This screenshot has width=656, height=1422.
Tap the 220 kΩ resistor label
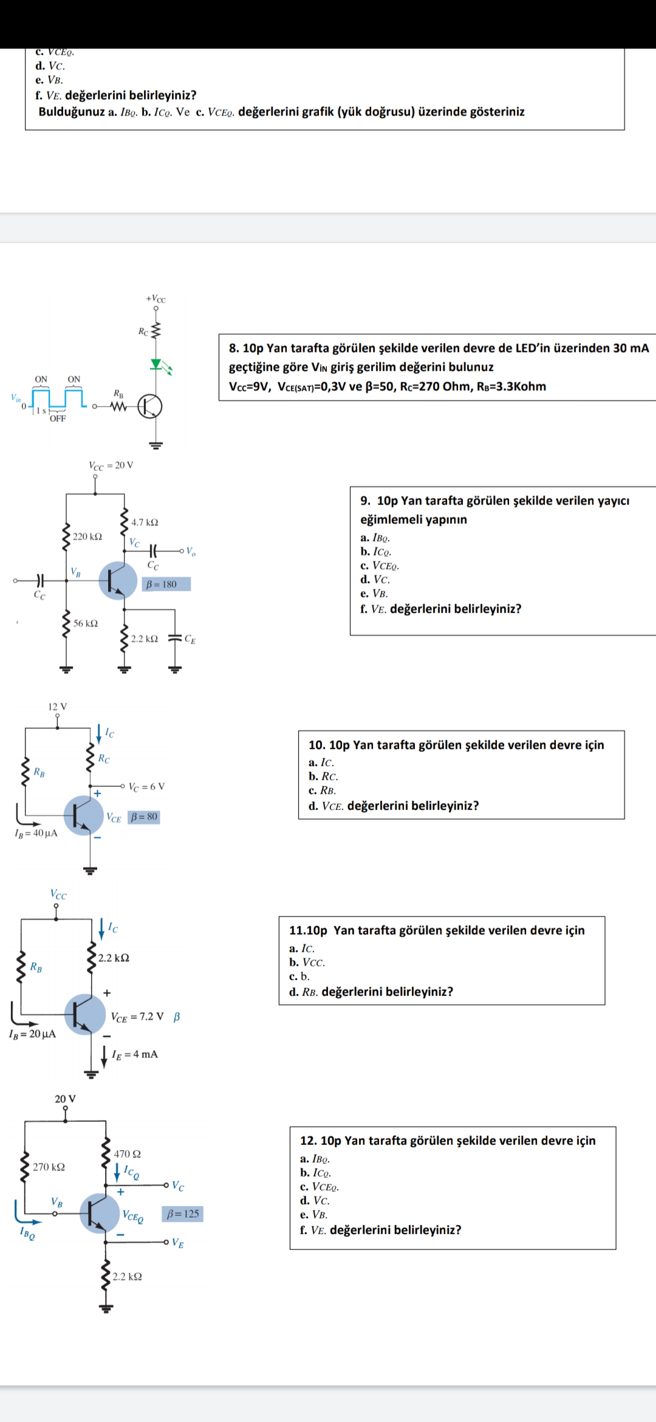(x=87, y=537)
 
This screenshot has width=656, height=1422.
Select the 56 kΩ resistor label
(x=86, y=623)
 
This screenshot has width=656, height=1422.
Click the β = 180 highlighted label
(x=166, y=584)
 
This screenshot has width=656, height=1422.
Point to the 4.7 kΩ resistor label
(x=145, y=523)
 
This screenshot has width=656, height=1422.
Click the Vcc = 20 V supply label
(x=111, y=465)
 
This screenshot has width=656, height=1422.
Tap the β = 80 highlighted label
(x=144, y=817)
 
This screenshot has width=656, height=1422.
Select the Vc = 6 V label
(x=146, y=787)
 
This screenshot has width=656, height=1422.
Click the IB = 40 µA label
(x=36, y=833)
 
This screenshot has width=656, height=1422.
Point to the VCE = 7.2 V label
(x=137, y=1017)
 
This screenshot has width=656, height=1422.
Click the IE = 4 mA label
(x=135, y=1054)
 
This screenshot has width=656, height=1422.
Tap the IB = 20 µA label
(x=32, y=1034)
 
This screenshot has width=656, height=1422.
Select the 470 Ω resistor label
(x=128, y=1154)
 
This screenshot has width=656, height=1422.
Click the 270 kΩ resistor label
(x=49, y=1167)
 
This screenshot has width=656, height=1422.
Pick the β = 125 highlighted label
(x=182, y=1214)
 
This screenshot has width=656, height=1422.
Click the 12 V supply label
(x=58, y=707)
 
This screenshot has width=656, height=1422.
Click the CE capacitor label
(x=190, y=639)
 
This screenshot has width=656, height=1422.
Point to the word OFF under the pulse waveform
(x=58, y=418)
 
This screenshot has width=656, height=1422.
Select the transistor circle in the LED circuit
(x=150, y=407)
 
